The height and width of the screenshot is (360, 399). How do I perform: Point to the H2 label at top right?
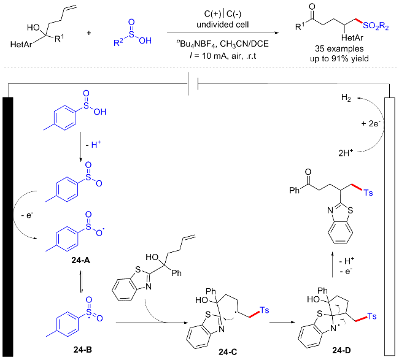347,98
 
